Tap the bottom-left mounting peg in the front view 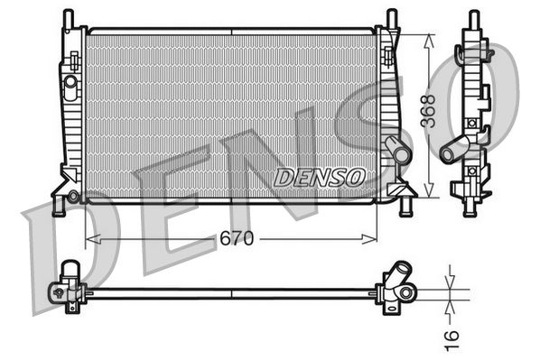click(x=59, y=206)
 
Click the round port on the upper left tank click(x=70, y=81)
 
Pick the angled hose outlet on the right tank click(x=396, y=149)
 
